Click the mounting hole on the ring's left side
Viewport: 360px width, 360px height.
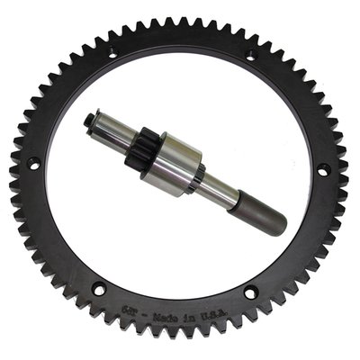(x=33, y=164)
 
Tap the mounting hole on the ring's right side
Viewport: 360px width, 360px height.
(x=323, y=168)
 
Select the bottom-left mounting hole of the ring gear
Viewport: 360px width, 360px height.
(x=98, y=289)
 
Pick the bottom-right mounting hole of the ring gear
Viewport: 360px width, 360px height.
(x=250, y=292)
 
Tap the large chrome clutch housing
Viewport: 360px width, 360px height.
(x=175, y=167)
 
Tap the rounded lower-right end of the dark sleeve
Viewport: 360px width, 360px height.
(x=279, y=226)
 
